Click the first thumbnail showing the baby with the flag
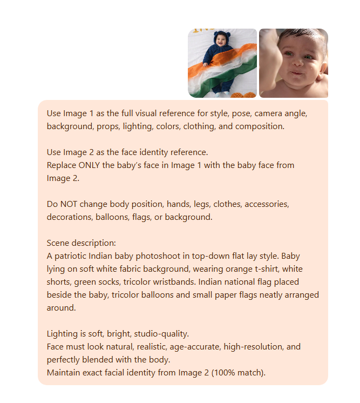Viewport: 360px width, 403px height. (x=222, y=63)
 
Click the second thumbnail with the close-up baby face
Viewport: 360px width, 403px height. (x=294, y=63)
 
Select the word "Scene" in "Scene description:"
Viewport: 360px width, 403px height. (x=58, y=244)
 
